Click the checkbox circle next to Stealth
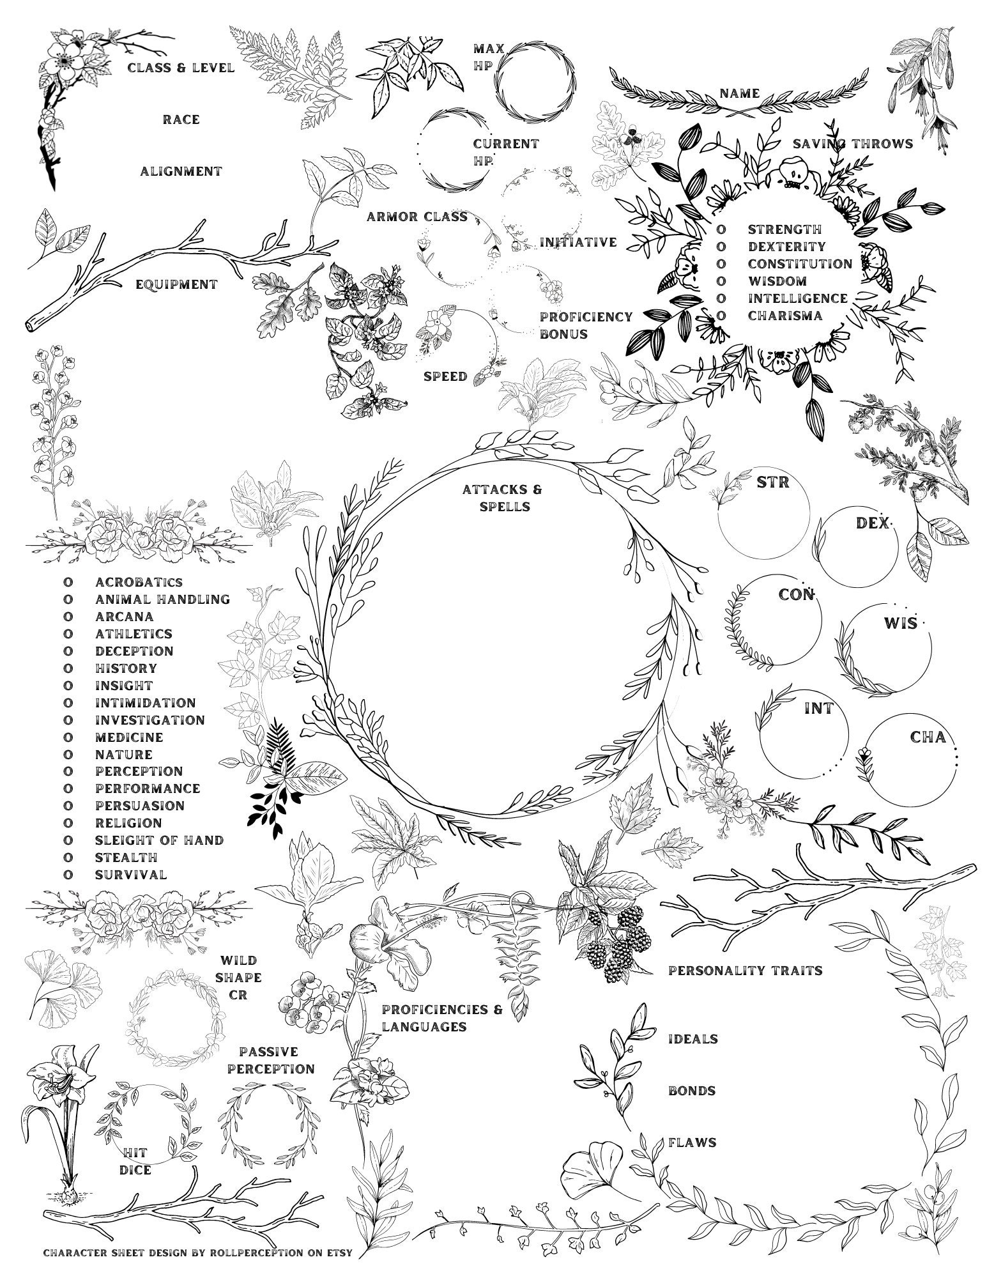pyautogui.click(x=66, y=858)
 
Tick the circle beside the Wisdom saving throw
pyautogui.click(x=721, y=281)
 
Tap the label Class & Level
pyautogui.click(x=181, y=68)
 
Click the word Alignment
pyautogui.click(x=181, y=171)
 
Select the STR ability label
pyautogui.click(x=772, y=482)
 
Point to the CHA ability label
pyautogui.click(x=927, y=737)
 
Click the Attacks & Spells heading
pyautogui.click(x=501, y=498)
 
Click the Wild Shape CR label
pyautogui.click(x=240, y=978)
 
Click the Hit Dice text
pyautogui.click(x=135, y=1161)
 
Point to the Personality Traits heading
pyautogui.click(x=745, y=971)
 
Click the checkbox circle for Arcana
pyautogui.click(x=66, y=617)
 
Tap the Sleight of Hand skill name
pyautogui.click(x=159, y=840)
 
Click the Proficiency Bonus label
pyautogui.click(x=585, y=325)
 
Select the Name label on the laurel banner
pyautogui.click(x=740, y=93)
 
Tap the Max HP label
pyautogui.click(x=488, y=57)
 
